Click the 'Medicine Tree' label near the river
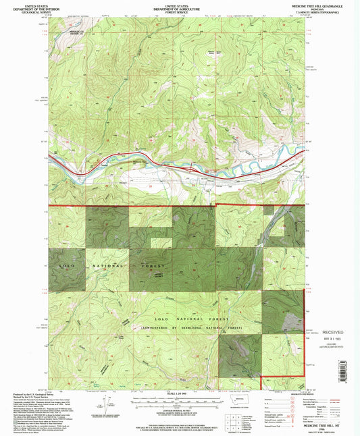tap(138, 161)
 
